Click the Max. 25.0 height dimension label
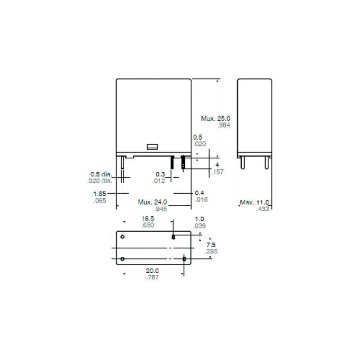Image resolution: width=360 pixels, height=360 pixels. pos(216,118)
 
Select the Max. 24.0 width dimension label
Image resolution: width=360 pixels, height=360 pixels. pos(153,202)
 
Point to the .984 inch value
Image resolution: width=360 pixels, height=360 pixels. pos(224,125)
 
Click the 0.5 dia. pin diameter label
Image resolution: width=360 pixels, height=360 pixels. pos(101,175)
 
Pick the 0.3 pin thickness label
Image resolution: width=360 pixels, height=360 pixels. pos(161,174)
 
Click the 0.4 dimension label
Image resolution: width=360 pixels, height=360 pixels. pos(199,193)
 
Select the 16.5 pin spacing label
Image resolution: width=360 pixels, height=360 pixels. pos(148,219)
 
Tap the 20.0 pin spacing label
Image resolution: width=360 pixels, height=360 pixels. pos(153,271)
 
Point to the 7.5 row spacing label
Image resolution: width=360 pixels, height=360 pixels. pos(211,245)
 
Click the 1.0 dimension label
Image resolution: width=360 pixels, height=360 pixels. pos(199,219)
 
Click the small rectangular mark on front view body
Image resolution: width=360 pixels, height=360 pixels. pos(152,147)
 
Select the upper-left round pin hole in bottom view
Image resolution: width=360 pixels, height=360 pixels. pos(122,237)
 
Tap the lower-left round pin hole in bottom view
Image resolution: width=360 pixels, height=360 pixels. pos(122,259)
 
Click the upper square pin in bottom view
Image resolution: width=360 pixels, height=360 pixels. pos(173,237)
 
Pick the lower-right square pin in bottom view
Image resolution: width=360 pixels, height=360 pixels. pos(184,259)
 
